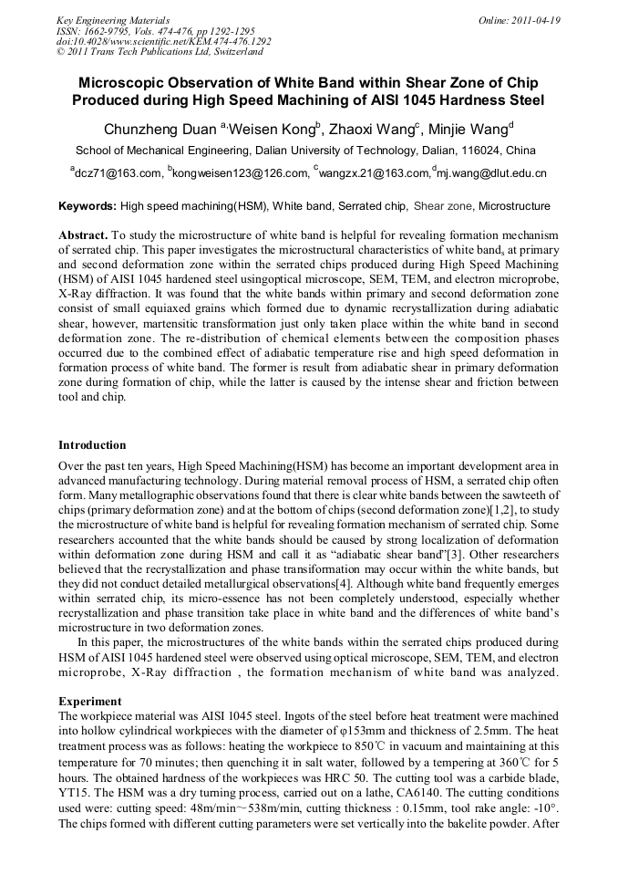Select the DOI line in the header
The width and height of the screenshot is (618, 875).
click(163, 42)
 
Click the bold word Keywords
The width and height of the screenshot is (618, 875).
click(87, 207)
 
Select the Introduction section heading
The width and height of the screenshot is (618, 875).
click(92, 445)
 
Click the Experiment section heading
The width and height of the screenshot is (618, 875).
click(89, 702)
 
